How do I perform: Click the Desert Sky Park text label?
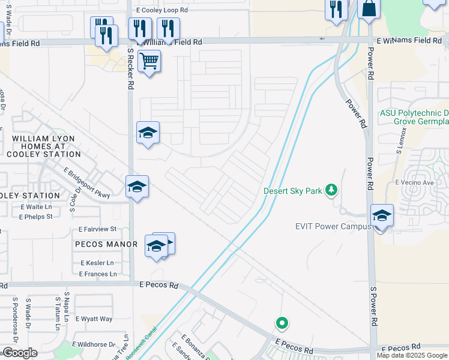[x=293, y=191]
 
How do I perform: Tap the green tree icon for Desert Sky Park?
[x=331, y=191]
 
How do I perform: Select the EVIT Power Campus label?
[x=330, y=226]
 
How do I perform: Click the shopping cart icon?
[x=149, y=61]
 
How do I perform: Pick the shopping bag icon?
[x=369, y=8]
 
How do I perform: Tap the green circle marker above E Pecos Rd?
[x=282, y=323]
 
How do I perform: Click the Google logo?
[x=20, y=353]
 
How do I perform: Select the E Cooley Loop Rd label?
[x=162, y=10]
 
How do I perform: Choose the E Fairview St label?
[x=97, y=229]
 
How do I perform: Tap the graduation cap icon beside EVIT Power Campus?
[x=382, y=215]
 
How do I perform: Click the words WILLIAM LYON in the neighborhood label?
[x=44, y=139]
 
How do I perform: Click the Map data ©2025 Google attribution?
[x=412, y=355]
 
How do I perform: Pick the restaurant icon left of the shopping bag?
[x=336, y=9]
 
